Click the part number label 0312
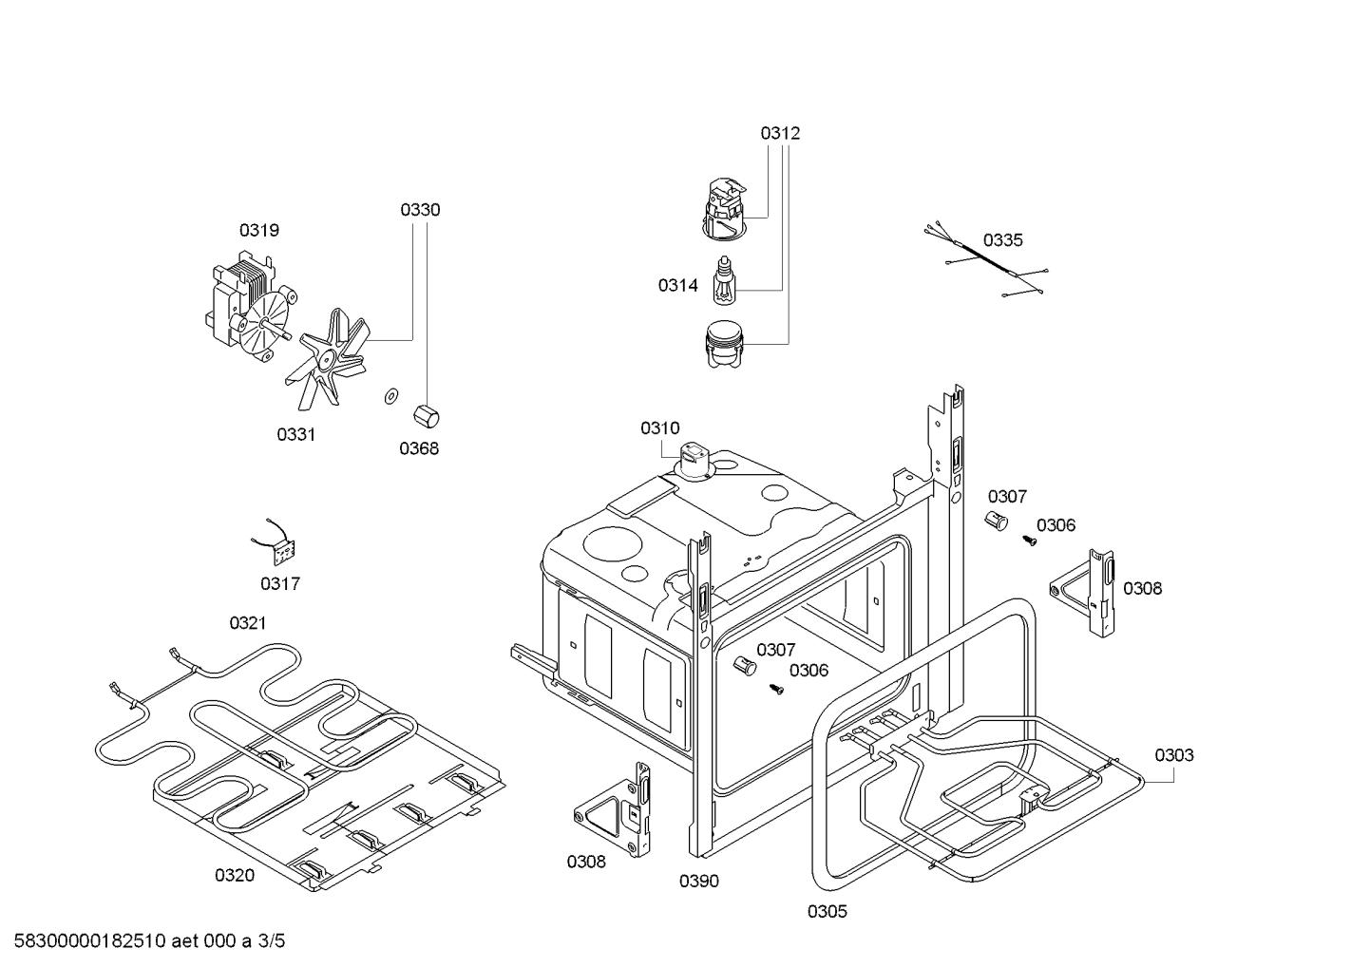779,133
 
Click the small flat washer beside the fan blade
390,395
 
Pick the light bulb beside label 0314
726,283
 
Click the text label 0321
247,623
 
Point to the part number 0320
234,875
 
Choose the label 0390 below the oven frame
698,881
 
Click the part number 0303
1173,755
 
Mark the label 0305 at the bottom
827,912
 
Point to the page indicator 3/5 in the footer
271,941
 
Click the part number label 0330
419,210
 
